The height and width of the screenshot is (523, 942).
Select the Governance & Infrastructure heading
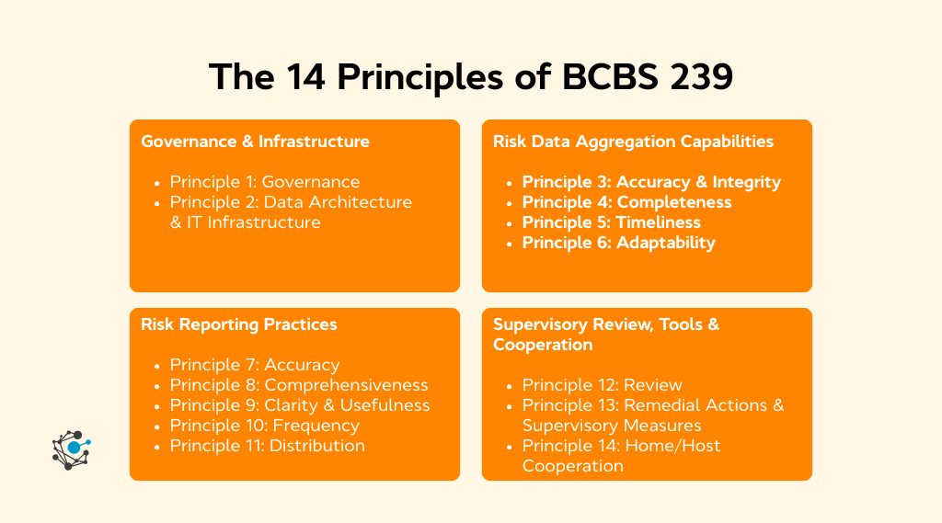coord(255,142)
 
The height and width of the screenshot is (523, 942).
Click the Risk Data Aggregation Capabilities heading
coord(633,142)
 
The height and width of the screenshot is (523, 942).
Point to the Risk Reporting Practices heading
coord(238,324)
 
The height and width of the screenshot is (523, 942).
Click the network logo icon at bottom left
coord(71,449)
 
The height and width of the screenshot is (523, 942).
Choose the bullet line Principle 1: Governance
coord(264,182)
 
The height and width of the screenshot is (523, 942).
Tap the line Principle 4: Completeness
coord(626,202)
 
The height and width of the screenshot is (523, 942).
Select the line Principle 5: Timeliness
coord(611,222)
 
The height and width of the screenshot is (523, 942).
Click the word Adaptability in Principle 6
coord(666,243)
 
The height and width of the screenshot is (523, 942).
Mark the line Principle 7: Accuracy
coord(254,365)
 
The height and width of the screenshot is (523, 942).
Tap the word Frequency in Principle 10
coord(315,426)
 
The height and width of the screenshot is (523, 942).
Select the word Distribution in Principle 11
coord(317,446)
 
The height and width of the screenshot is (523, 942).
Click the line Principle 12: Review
coord(602,385)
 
